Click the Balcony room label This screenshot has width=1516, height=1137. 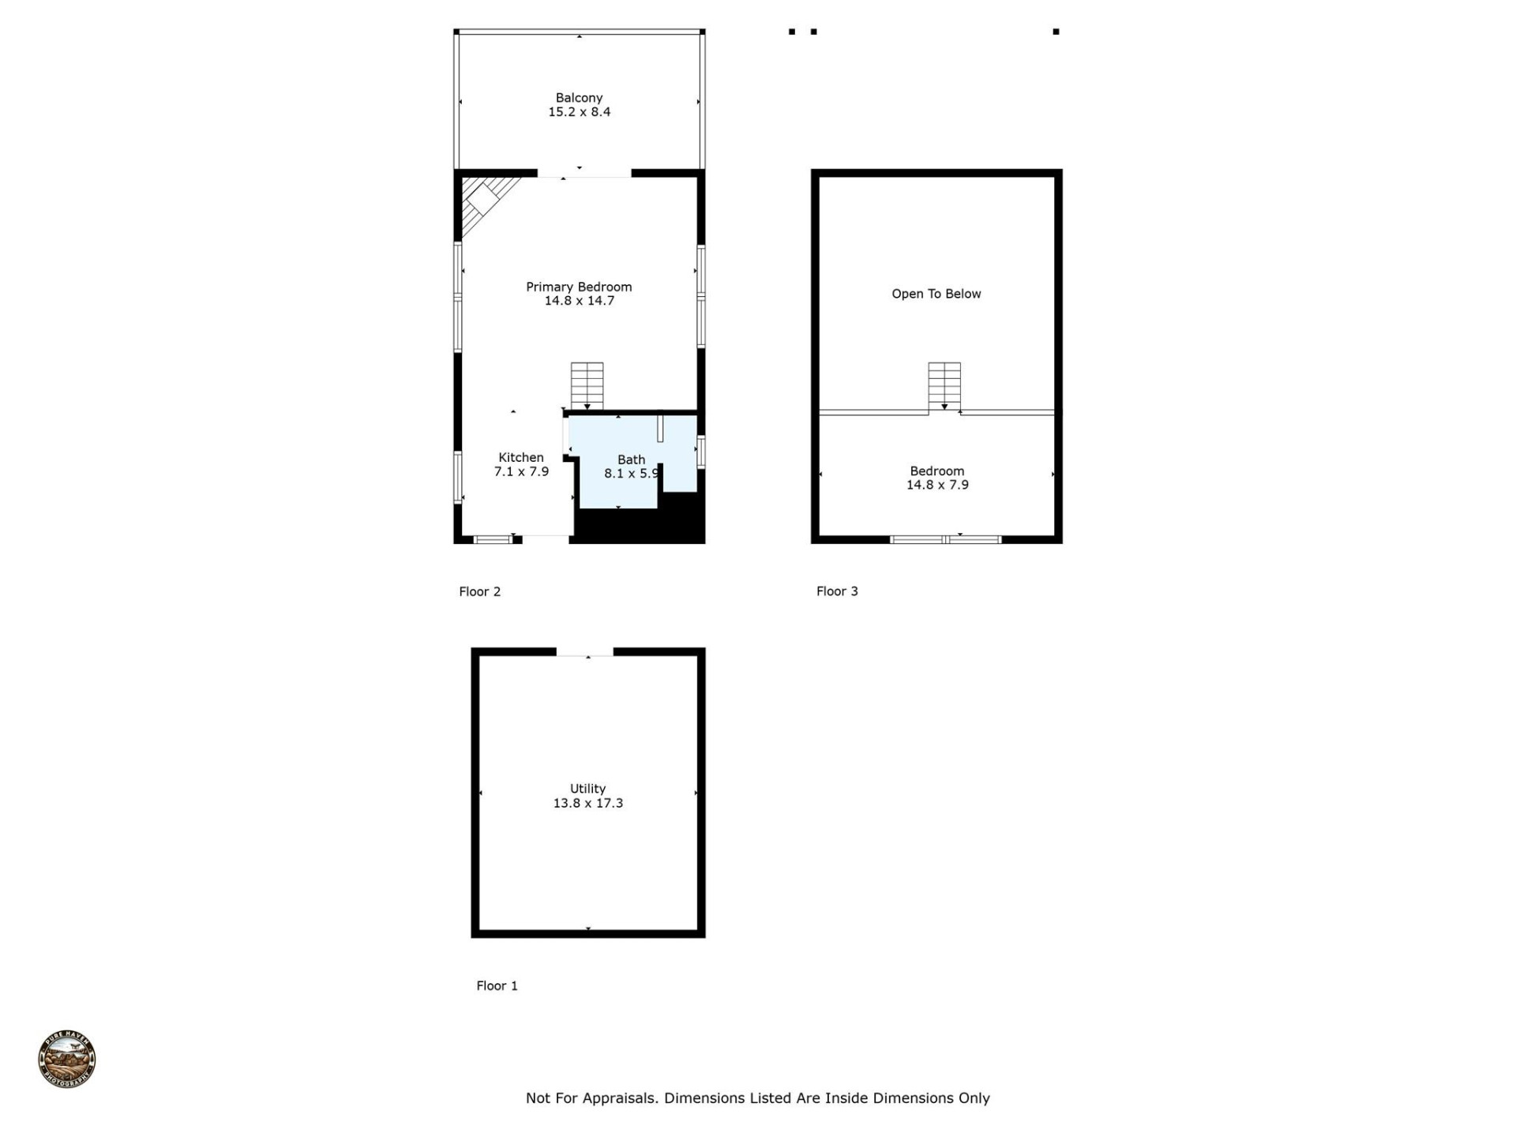tap(579, 98)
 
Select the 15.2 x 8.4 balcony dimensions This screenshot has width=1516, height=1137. tap(579, 112)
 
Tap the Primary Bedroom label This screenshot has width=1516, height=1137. tap(579, 287)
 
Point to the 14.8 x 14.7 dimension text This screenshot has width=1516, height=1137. tap(579, 301)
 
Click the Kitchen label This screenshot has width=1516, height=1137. tap(520, 457)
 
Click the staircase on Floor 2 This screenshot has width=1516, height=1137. tap(587, 385)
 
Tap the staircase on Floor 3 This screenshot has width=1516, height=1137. tap(944, 385)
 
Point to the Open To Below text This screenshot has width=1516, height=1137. tap(936, 294)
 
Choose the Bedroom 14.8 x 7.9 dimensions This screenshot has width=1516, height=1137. tap(936, 485)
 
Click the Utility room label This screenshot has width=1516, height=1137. tap(587, 788)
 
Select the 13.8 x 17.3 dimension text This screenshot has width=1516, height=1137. tap(587, 803)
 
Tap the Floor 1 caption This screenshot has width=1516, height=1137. tap(497, 985)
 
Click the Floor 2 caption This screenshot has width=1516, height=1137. tap(479, 591)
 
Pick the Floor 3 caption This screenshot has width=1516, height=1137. tap(836, 591)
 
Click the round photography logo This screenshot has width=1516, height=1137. tap(67, 1059)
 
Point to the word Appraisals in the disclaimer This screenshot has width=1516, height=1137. tap(619, 1098)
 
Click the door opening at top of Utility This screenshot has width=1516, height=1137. tap(584, 651)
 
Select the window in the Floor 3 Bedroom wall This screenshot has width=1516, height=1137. tap(945, 539)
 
